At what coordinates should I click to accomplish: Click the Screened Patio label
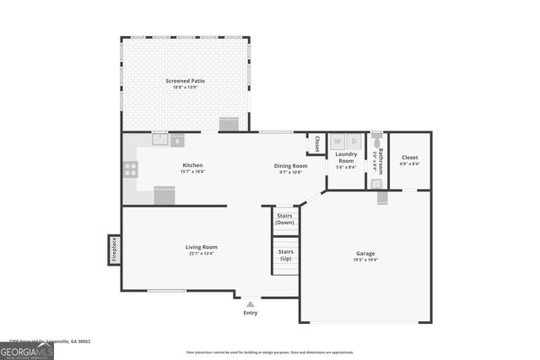click(x=185, y=81)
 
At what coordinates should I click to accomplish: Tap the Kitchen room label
click(x=192, y=164)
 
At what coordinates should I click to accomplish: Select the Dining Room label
click(x=289, y=165)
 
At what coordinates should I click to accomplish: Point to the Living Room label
click(x=202, y=247)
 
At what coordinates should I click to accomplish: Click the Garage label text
click(x=365, y=254)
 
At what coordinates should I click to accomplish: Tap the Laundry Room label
click(x=346, y=157)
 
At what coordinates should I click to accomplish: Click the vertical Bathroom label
click(x=381, y=160)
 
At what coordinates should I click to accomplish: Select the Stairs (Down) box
click(x=285, y=218)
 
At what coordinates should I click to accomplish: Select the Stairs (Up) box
click(x=285, y=255)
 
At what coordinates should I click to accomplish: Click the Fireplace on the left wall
click(x=113, y=250)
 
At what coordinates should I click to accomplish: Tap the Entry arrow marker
click(x=250, y=304)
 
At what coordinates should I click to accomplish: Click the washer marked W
click(x=337, y=141)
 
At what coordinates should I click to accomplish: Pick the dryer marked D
click(x=354, y=141)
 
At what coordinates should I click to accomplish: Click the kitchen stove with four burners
click(x=131, y=169)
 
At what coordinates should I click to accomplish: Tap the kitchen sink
click(x=160, y=140)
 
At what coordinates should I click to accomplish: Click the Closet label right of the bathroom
click(x=409, y=158)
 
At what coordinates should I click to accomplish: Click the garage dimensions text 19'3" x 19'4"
click(x=365, y=261)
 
